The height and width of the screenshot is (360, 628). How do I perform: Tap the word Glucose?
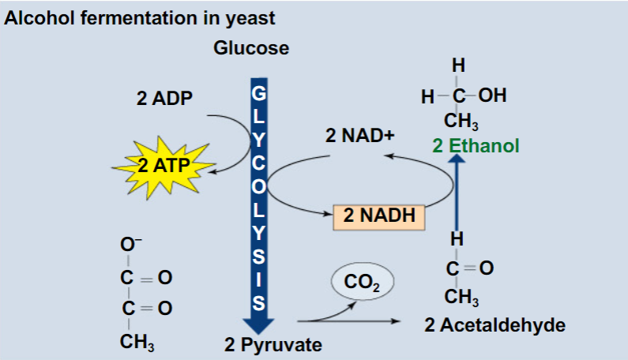[x=251, y=48]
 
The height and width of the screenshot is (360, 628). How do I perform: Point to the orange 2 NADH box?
[x=379, y=215]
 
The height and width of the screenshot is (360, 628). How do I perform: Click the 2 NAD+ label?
[x=359, y=135]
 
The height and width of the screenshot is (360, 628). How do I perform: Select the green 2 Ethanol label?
[x=476, y=145]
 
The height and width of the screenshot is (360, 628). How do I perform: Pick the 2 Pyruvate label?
[x=273, y=345]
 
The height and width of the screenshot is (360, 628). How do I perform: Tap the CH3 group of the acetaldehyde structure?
[x=460, y=298]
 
